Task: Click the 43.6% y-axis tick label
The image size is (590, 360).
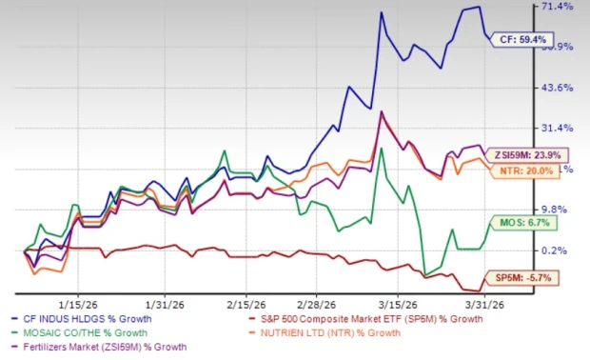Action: pos(559,88)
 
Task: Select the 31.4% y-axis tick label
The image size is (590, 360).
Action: pos(559,129)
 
